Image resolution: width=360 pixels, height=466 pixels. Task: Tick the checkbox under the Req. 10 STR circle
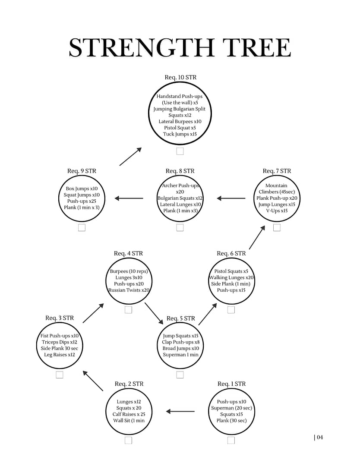click(x=180, y=151)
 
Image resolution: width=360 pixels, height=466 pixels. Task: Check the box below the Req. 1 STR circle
click(x=231, y=440)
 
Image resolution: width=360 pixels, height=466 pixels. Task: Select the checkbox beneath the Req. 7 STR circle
click(x=277, y=227)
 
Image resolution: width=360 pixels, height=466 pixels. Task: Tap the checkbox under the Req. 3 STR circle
click(x=60, y=375)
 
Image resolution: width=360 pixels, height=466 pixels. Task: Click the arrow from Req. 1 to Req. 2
click(x=180, y=411)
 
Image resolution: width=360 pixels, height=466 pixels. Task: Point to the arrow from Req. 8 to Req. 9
click(x=129, y=198)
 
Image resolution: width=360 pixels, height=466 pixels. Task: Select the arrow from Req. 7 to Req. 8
click(x=231, y=198)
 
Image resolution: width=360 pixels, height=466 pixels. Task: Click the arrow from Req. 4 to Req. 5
click(x=154, y=313)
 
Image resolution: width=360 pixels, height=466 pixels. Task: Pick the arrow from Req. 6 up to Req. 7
click(x=257, y=237)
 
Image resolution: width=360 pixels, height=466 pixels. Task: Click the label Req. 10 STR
click(x=180, y=77)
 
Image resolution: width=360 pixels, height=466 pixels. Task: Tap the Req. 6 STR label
click(x=231, y=254)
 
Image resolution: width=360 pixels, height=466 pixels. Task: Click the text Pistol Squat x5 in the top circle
click(x=180, y=128)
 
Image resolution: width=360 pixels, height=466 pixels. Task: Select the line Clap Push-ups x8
click(x=181, y=342)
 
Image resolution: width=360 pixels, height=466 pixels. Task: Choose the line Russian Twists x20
click(x=129, y=290)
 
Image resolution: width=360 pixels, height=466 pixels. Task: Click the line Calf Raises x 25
click(x=129, y=414)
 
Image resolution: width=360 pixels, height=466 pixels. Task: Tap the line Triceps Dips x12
click(x=60, y=342)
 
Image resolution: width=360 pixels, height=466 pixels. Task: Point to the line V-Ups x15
click(x=277, y=211)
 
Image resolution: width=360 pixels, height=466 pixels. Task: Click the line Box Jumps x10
click(x=82, y=189)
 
